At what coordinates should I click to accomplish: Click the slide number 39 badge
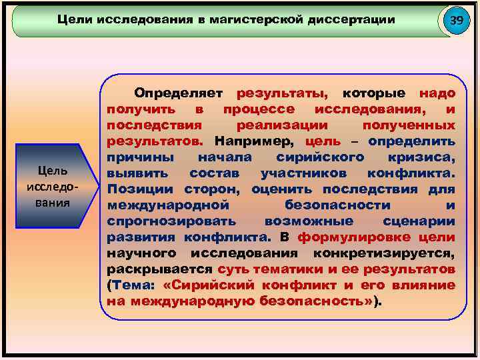[x=456, y=21]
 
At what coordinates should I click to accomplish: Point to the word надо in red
[x=437, y=92]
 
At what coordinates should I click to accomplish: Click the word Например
[x=254, y=141]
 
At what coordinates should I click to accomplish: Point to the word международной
[x=159, y=205]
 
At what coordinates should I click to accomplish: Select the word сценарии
[x=420, y=221]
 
